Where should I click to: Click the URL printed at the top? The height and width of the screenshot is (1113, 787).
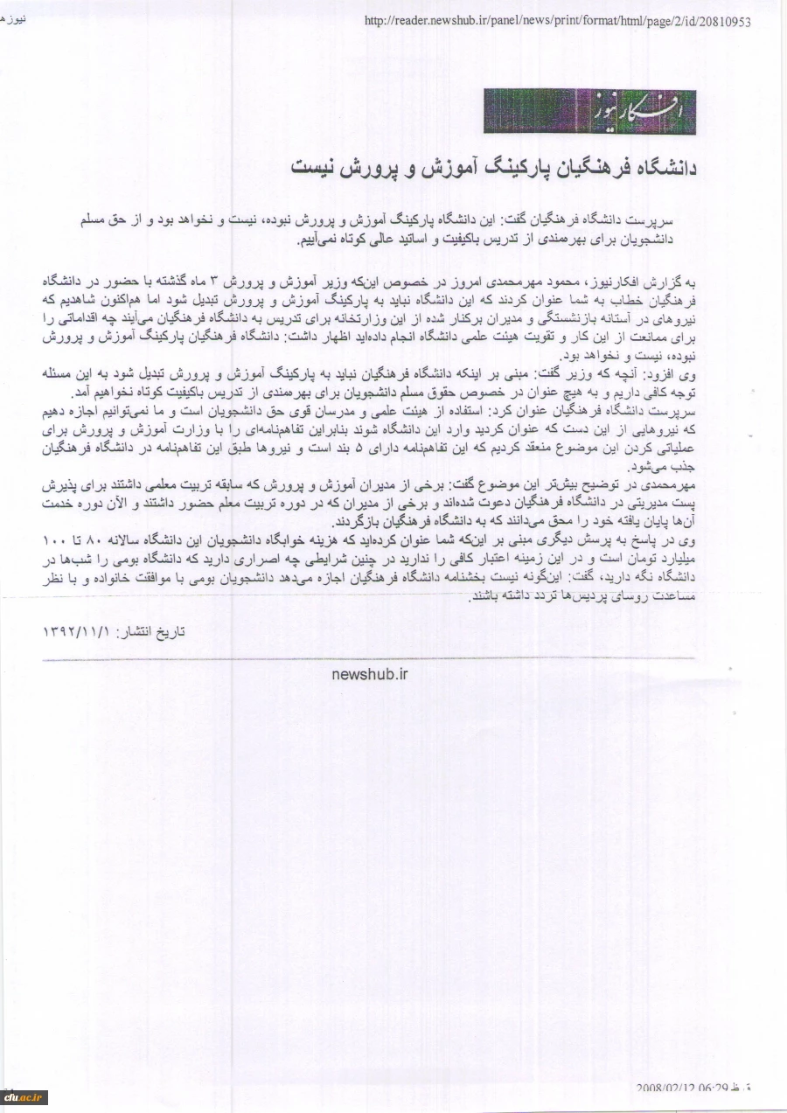click(557, 22)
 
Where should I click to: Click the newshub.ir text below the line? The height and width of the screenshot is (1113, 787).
click(370, 673)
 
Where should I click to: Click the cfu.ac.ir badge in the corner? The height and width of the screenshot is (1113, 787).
click(24, 1097)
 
